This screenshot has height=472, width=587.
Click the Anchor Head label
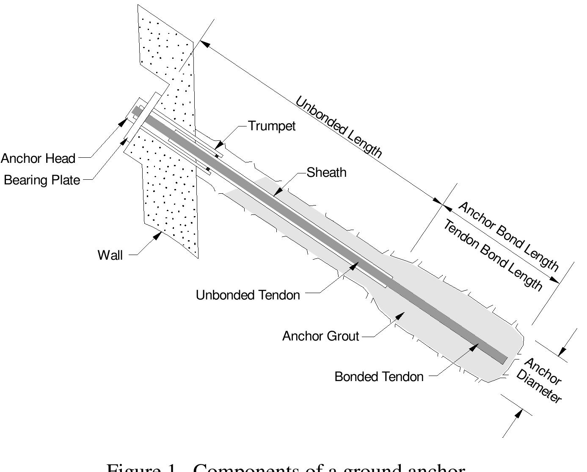tap(38, 159)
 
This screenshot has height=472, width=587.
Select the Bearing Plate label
tap(42, 180)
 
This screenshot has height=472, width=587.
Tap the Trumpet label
tap(272, 126)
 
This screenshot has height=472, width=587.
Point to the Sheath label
tap(326, 173)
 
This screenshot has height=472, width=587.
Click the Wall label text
tap(110, 255)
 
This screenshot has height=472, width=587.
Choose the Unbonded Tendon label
tap(248, 295)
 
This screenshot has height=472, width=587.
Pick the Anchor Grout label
tap(320, 336)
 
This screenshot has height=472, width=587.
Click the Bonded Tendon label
tap(379, 377)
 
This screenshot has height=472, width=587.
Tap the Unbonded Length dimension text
tap(339, 127)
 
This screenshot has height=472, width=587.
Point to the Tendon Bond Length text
tap(493, 255)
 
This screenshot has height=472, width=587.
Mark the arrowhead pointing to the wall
tap(158, 235)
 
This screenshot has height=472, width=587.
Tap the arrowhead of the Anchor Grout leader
tap(400, 315)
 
